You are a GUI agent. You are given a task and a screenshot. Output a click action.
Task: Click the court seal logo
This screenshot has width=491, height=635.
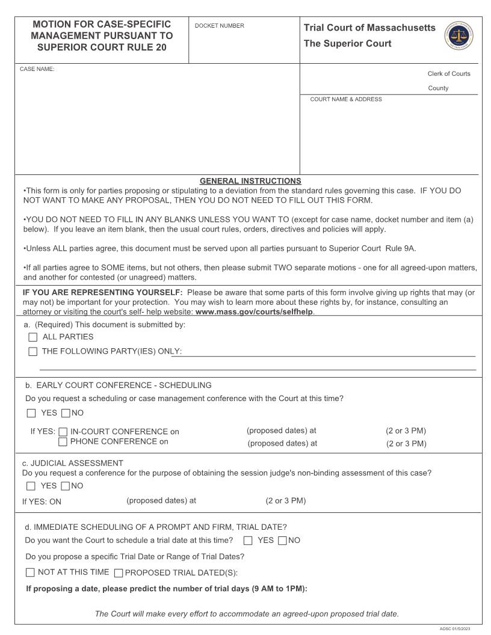click(459, 36)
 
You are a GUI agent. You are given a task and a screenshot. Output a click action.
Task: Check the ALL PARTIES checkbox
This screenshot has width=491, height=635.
click(32, 337)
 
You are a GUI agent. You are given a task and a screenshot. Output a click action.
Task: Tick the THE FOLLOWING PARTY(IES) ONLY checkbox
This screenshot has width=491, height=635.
click(32, 352)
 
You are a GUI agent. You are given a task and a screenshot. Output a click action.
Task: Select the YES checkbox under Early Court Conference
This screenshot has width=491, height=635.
click(31, 414)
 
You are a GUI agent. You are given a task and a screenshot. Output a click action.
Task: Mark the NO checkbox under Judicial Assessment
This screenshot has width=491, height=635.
click(66, 486)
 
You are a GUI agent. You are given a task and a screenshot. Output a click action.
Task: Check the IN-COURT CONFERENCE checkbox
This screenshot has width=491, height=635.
click(63, 432)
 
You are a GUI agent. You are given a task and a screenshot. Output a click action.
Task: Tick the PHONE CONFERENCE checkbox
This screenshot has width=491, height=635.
click(63, 442)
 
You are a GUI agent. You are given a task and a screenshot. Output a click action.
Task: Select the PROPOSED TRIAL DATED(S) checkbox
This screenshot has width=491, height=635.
click(119, 573)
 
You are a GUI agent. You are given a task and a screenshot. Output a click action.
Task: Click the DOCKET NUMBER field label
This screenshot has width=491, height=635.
click(220, 26)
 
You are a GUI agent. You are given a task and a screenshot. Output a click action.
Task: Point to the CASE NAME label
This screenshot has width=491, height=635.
click(37, 69)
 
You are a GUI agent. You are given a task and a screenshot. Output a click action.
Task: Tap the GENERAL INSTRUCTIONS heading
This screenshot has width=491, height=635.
click(250, 181)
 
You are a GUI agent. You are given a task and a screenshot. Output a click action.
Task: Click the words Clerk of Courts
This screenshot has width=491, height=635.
click(449, 74)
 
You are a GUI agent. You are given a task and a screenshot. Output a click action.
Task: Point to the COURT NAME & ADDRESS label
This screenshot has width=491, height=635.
click(346, 99)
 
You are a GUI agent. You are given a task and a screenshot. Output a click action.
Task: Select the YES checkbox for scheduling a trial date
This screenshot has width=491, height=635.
click(248, 541)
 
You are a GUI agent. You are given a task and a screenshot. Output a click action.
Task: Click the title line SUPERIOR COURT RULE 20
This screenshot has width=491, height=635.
click(102, 47)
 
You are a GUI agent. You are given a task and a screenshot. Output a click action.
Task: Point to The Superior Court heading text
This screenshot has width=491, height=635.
click(348, 43)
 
